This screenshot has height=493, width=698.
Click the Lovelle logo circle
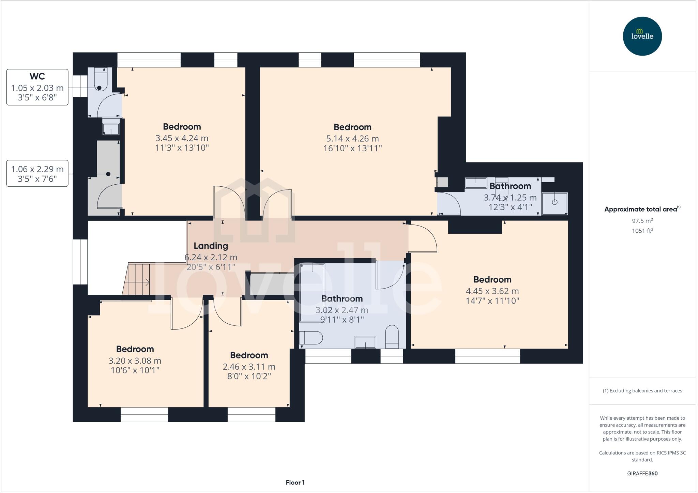click(x=642, y=36)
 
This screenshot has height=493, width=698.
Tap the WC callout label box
click(x=37, y=87)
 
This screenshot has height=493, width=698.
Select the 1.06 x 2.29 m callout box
click(x=37, y=173)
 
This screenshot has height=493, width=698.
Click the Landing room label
click(x=211, y=246)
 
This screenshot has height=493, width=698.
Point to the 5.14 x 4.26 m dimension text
click(x=352, y=138)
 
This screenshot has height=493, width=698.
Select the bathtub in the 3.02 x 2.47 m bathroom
click(x=312, y=293)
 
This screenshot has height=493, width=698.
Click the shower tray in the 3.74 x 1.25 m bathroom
click(x=555, y=203)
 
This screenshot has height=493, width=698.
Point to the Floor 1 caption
click(x=295, y=482)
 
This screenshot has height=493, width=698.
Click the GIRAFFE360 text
click(x=642, y=473)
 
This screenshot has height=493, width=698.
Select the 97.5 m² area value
click(x=642, y=221)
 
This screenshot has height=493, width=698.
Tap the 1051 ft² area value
click(x=642, y=231)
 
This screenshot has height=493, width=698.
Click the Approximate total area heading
click(x=642, y=209)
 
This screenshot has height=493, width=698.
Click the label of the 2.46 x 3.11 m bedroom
click(x=249, y=355)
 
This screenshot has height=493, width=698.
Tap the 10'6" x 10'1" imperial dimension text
click(x=135, y=370)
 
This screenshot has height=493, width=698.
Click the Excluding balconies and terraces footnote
click(x=642, y=390)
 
